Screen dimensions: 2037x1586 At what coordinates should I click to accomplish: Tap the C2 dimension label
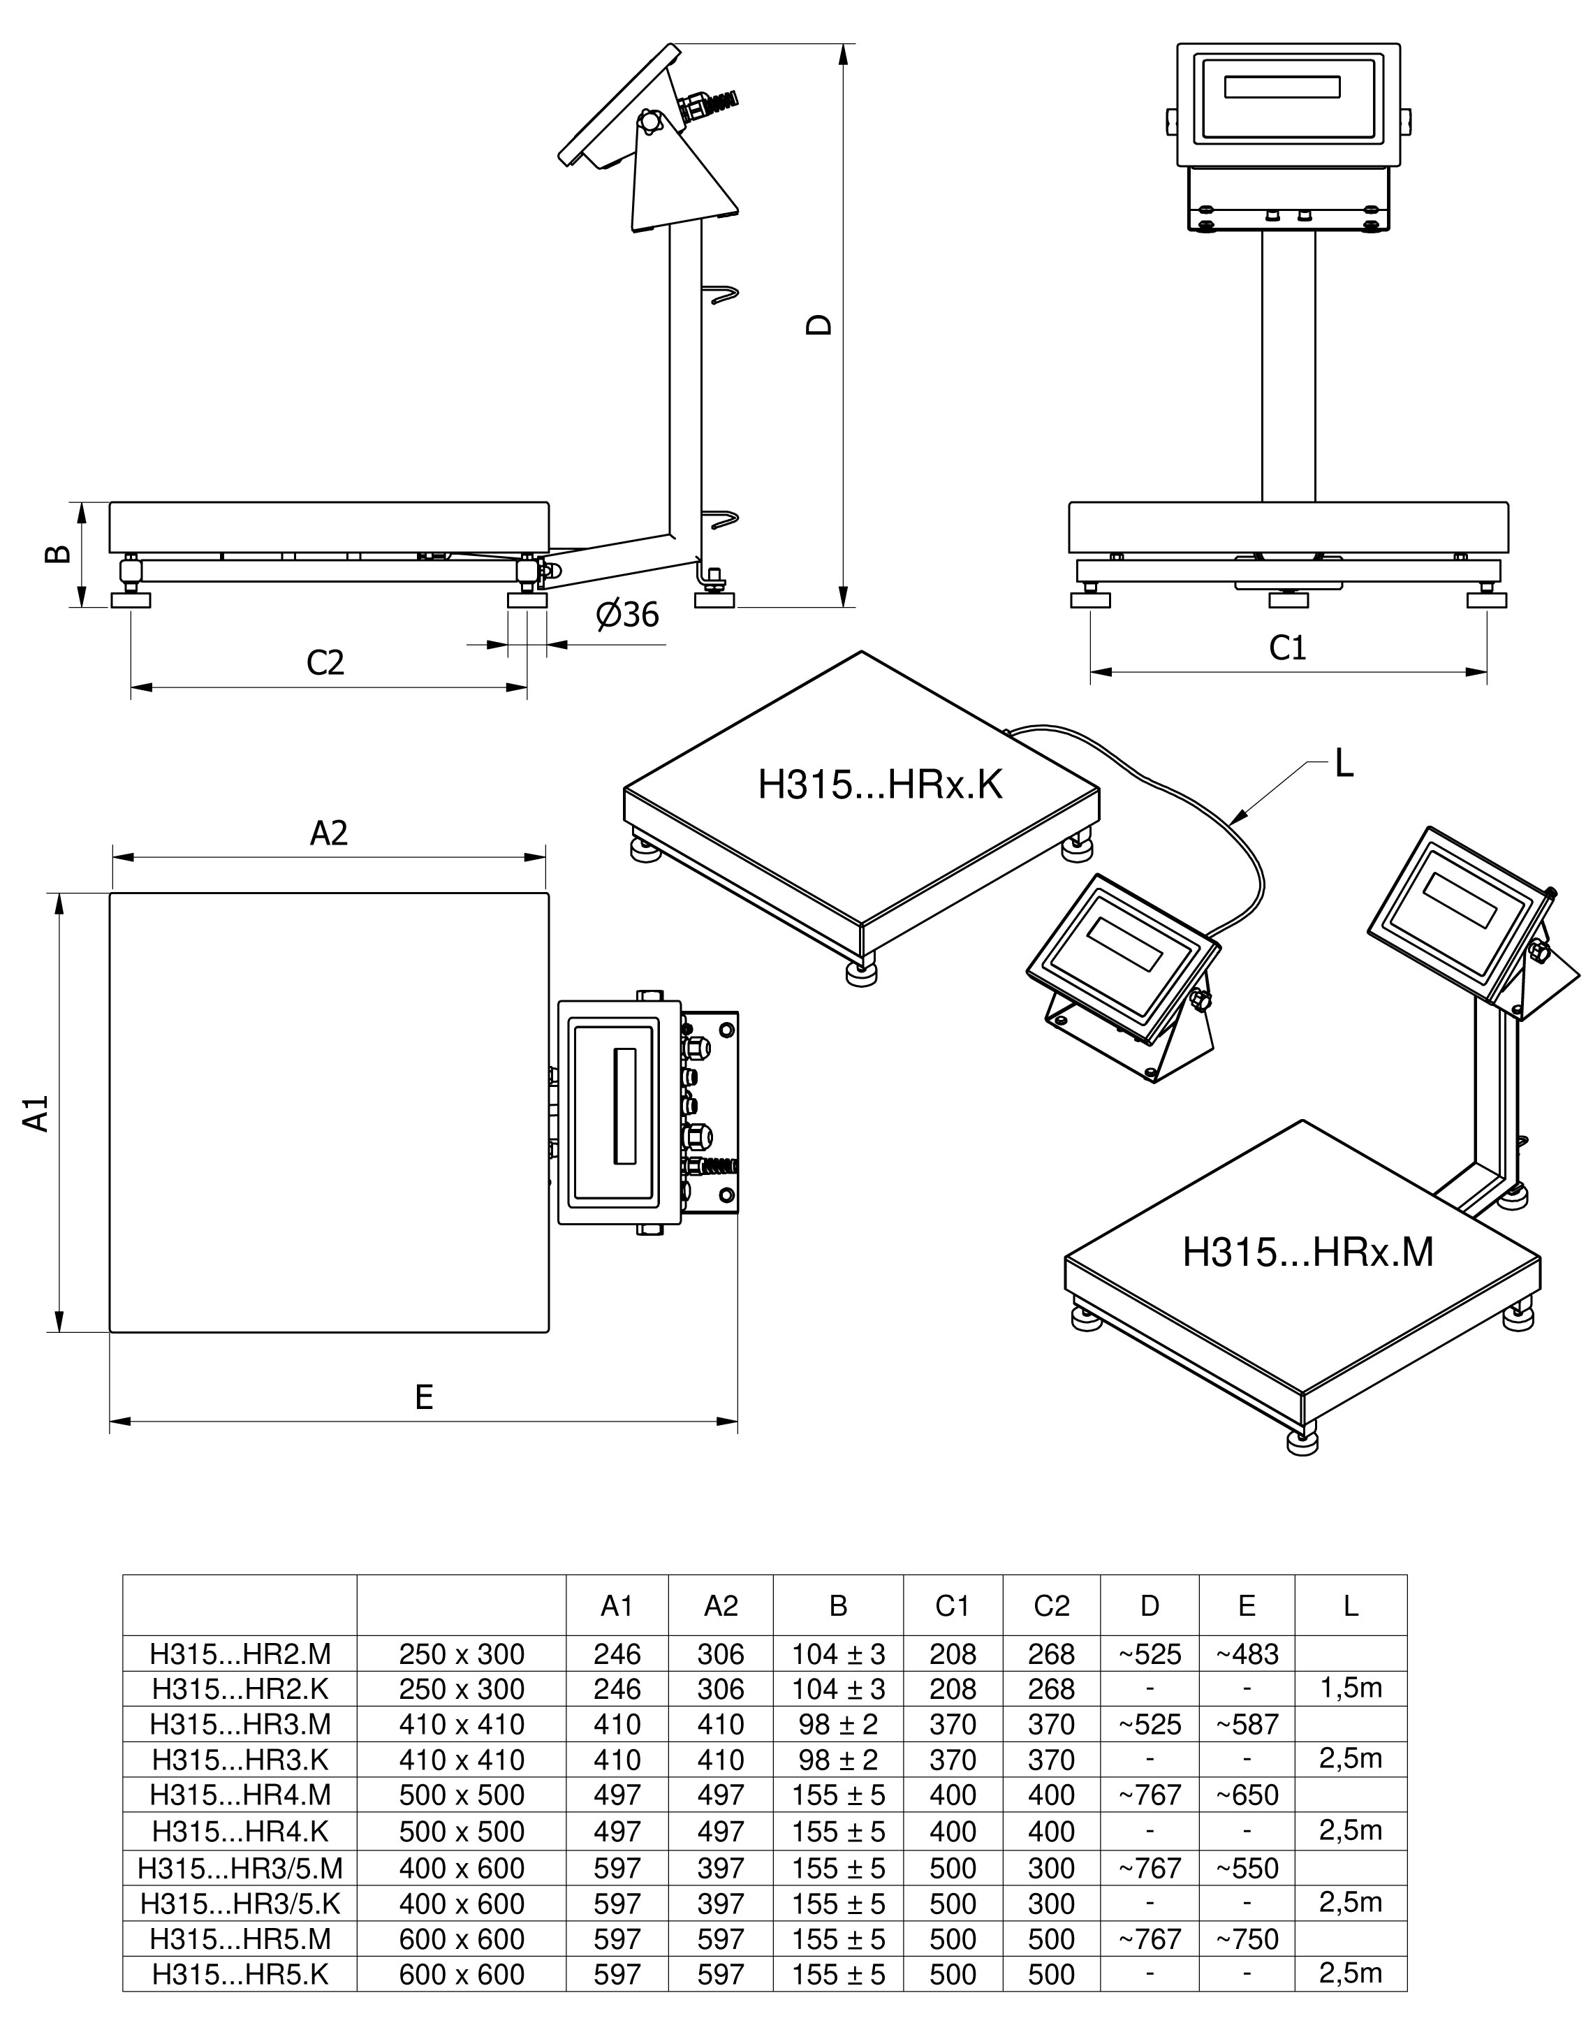click(x=325, y=662)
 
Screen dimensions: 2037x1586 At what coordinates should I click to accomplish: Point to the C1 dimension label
click(x=1288, y=648)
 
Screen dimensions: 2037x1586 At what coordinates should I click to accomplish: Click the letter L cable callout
click(x=1344, y=764)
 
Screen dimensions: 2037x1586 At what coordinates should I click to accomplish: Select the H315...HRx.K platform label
click(x=879, y=785)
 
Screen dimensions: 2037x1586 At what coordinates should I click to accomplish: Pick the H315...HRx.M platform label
click(x=1307, y=1252)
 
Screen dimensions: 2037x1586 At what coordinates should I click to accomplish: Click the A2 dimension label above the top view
click(x=328, y=833)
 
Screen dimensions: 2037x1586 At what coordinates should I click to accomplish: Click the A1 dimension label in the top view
click(x=36, y=1114)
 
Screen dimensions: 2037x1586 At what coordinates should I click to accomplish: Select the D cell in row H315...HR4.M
click(x=1149, y=1795)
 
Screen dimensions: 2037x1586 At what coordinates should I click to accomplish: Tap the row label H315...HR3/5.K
click(x=240, y=1904)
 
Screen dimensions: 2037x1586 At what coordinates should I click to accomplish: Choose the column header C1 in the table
click(x=952, y=1605)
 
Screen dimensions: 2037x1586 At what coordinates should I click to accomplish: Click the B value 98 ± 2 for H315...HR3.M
click(x=837, y=1725)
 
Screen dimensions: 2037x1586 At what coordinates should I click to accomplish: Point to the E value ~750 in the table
click(x=1247, y=1939)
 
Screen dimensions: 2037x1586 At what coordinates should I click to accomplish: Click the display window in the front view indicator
click(x=1282, y=87)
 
